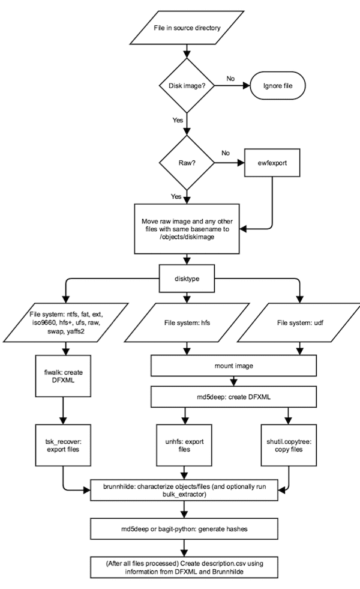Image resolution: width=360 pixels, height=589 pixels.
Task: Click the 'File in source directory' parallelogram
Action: [187, 28]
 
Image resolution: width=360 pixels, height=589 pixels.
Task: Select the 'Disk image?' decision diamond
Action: [187, 86]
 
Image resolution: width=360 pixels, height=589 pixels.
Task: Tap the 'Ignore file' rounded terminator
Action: [278, 86]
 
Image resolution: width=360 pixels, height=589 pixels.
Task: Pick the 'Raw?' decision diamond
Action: [187, 163]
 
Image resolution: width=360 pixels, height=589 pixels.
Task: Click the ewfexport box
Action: [272, 163]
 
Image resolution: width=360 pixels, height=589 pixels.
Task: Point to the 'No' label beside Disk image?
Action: [230, 79]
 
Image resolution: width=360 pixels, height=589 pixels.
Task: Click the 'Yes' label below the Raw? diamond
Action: [176, 196]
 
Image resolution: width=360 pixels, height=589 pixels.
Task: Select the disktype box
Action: [187, 279]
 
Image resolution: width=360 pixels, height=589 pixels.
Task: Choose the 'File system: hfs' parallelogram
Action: [187, 322]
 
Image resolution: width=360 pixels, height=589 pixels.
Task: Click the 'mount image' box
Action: [233, 366]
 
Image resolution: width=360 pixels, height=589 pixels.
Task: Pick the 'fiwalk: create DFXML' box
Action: [63, 376]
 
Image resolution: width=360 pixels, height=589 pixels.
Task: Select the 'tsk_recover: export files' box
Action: [63, 445]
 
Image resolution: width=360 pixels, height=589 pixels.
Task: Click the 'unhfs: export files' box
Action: [184, 445]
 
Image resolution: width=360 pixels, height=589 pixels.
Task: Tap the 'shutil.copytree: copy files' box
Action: [289, 445]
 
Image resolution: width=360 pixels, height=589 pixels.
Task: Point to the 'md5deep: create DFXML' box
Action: [233, 397]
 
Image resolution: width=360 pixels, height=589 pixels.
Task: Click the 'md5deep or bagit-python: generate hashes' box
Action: [184, 529]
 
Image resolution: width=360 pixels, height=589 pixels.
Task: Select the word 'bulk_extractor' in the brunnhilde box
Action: [184, 494]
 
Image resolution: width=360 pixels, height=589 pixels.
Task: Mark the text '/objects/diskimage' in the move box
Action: [187, 237]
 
